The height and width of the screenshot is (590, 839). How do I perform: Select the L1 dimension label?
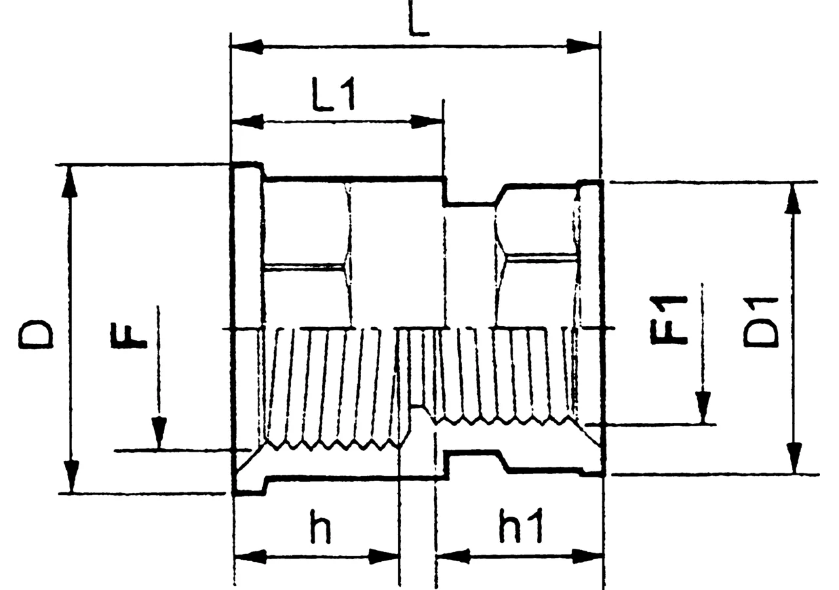pyautogui.click(x=333, y=94)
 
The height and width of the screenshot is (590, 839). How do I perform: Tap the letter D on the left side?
pyautogui.click(x=35, y=334)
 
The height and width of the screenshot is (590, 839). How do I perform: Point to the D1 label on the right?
pyautogui.click(x=761, y=321)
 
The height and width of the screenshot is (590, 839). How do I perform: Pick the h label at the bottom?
pyautogui.click(x=321, y=526)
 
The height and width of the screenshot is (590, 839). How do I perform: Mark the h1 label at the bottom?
pyautogui.click(x=521, y=526)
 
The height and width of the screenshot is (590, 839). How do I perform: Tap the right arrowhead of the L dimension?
pyautogui.click(x=583, y=47)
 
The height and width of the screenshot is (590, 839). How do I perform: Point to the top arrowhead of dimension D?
pyautogui.click(x=69, y=182)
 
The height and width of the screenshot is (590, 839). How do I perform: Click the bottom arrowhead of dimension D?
pyautogui.click(x=71, y=477)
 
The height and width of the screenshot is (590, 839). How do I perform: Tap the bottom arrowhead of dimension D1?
pyautogui.click(x=793, y=458)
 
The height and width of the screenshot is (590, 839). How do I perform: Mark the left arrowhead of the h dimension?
pyautogui.click(x=250, y=557)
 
